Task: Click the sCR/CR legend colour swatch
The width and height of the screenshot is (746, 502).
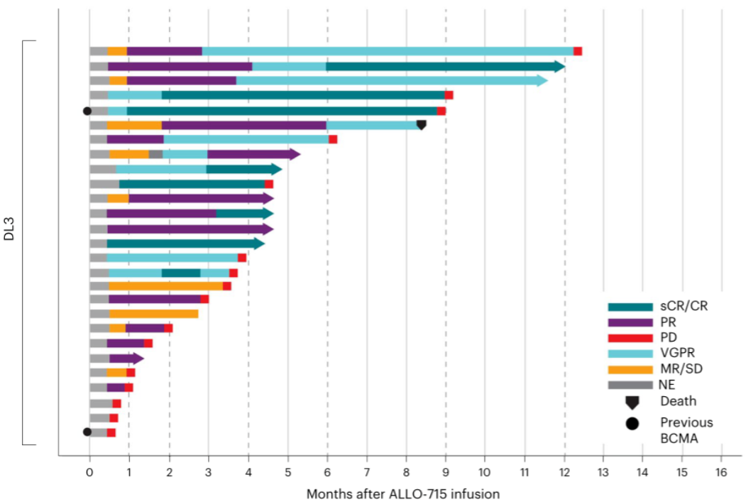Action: click(x=630, y=307)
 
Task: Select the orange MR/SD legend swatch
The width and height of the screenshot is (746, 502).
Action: click(x=630, y=369)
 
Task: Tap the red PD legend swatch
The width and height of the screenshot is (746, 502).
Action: click(x=630, y=338)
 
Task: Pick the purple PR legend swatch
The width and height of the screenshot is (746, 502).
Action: click(x=630, y=322)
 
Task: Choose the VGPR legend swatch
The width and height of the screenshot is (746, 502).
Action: click(x=630, y=354)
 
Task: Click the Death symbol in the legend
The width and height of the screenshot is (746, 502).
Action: click(x=632, y=402)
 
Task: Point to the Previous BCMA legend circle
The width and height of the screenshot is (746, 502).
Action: click(x=632, y=423)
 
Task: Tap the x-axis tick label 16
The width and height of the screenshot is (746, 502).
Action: click(x=720, y=472)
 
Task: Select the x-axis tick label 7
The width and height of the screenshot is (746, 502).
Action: click(x=366, y=472)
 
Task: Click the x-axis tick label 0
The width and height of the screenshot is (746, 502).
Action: click(x=89, y=472)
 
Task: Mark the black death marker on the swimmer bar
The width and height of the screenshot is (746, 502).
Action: click(x=421, y=125)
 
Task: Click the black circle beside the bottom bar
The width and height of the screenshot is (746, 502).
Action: click(x=87, y=432)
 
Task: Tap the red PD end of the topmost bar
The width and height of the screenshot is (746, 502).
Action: click(x=578, y=51)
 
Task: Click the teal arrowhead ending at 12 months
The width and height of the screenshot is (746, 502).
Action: click(x=560, y=67)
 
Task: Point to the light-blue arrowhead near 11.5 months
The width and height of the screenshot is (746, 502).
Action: click(x=542, y=81)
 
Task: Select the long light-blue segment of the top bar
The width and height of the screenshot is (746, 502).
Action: click(x=387, y=51)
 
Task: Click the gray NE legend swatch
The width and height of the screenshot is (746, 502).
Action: click(x=630, y=385)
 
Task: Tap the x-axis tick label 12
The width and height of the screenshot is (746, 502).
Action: click(x=564, y=472)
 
